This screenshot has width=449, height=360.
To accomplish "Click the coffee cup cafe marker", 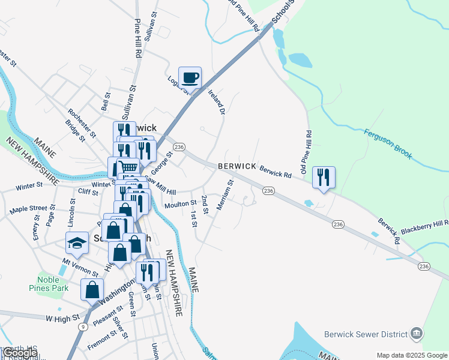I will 190,77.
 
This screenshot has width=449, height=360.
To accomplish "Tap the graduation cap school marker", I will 77,242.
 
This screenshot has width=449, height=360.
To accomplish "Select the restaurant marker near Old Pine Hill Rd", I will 324,176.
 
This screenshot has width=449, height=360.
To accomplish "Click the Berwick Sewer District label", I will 366,334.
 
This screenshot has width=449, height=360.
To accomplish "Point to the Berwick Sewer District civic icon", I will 417,334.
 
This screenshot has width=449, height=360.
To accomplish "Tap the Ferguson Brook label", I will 388,143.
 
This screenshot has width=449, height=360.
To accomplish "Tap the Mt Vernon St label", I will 80,268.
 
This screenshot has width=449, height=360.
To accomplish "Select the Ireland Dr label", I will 217,101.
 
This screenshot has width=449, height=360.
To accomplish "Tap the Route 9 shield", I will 82,326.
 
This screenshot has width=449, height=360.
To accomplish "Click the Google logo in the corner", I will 21,352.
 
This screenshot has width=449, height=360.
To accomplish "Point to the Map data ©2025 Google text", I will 412,355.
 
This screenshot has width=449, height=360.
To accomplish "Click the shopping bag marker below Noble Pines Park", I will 92,290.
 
